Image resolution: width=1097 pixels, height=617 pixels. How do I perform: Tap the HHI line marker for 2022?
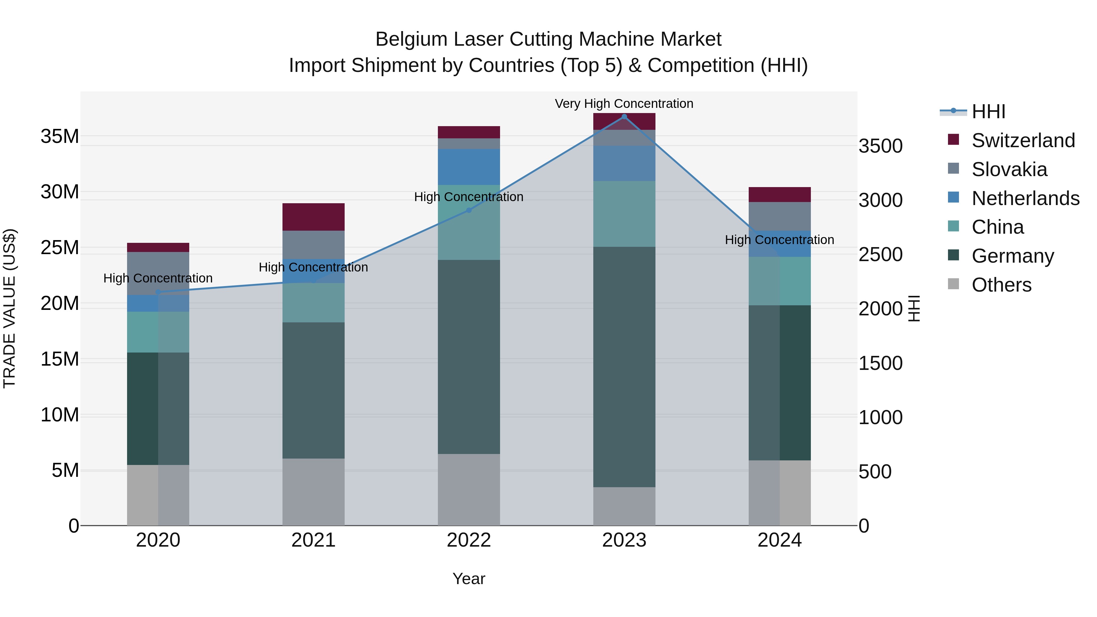point(469,210)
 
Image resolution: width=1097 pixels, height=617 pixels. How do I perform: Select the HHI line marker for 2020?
point(158,292)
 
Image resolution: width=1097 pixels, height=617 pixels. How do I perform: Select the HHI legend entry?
point(988,112)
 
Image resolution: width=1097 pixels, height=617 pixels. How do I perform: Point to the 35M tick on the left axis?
point(60,137)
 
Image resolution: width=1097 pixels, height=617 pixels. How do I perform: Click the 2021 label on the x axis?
point(314,540)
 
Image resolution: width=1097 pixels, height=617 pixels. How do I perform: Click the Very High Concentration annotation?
point(624,104)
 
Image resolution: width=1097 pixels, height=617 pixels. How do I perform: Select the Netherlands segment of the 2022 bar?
point(469,167)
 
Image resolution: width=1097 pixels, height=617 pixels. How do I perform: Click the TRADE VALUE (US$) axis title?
point(9,308)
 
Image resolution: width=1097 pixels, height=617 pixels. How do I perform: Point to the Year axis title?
point(469,579)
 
